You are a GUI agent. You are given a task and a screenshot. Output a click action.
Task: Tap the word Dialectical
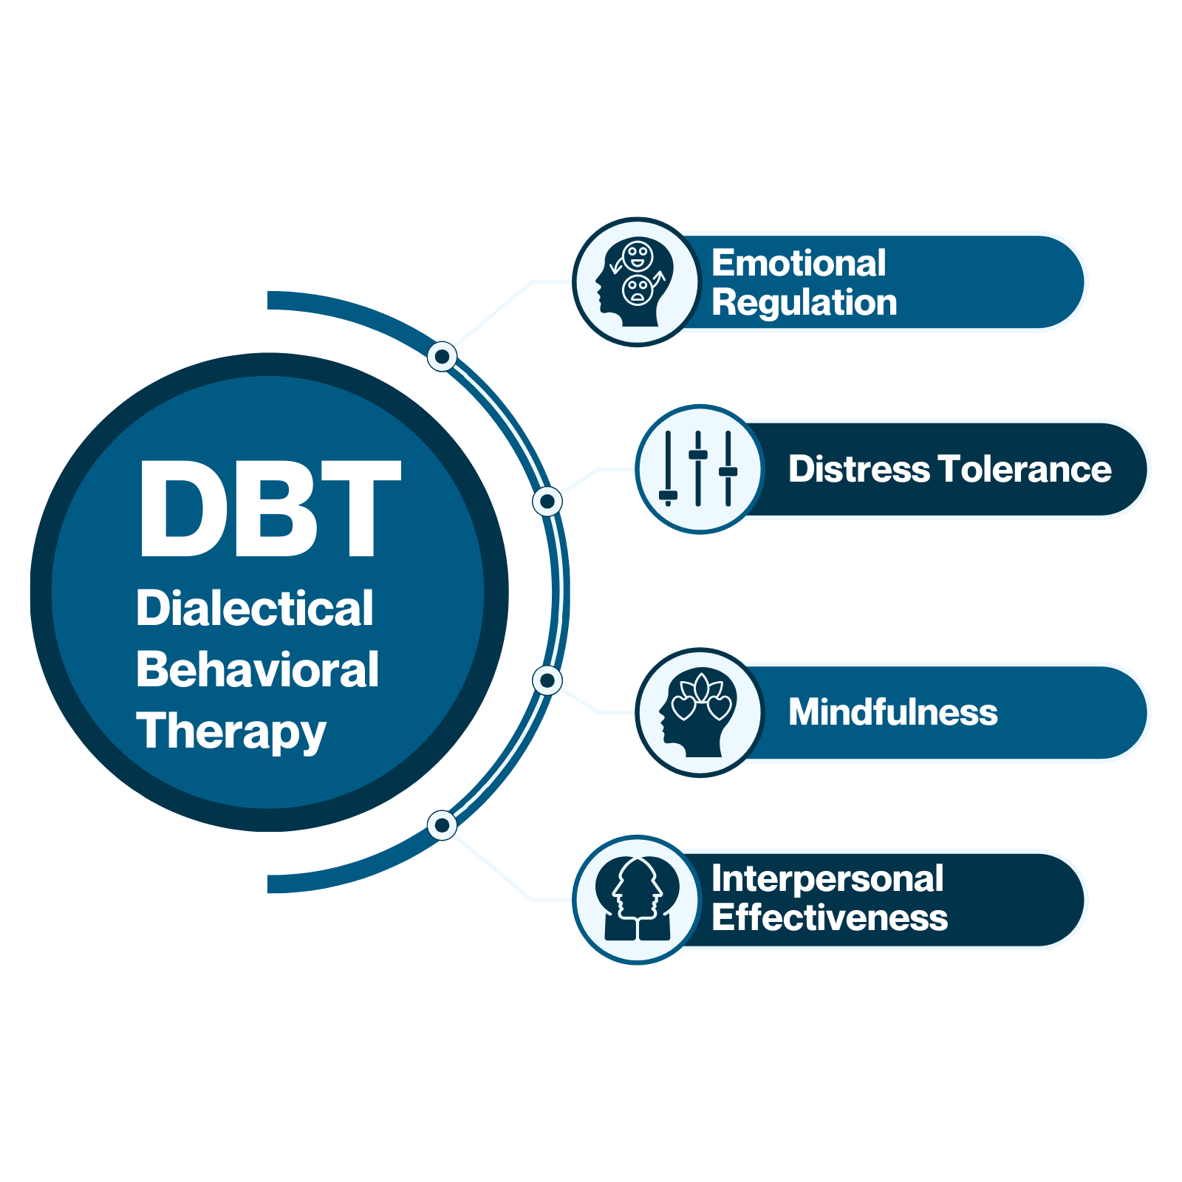pos(255,609)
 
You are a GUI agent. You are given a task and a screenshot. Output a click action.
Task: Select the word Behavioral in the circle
pos(257,670)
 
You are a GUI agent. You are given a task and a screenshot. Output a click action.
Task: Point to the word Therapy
pos(230,731)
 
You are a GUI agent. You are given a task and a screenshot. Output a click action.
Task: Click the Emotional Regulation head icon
pos(636,282)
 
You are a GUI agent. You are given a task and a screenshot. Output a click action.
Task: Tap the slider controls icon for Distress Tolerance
pos(699,469)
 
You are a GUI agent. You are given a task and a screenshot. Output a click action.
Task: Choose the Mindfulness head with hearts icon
pos(699,713)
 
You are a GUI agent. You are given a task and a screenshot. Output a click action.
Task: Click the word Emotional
pos(799,263)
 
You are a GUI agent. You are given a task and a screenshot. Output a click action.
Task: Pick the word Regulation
pos(804,302)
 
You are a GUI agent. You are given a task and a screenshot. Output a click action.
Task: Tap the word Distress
pos(859,469)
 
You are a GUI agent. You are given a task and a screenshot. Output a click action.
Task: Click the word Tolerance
pos(1025,469)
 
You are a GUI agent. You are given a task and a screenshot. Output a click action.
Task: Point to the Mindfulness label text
pos(893,712)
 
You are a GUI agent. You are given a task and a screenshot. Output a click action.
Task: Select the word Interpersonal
pos(827,879)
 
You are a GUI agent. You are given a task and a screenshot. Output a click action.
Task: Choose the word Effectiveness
pos(830,918)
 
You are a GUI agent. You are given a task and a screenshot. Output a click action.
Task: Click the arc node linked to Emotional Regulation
pos(442,357)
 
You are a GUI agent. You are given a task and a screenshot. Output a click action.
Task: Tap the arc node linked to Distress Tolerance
pos(547,502)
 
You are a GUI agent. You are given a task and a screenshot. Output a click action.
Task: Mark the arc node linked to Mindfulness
pos(547,680)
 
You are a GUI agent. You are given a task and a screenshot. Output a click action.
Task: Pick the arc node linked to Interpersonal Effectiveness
pos(442,825)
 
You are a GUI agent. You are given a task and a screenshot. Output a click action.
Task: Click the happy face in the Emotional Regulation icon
pos(638,256)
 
